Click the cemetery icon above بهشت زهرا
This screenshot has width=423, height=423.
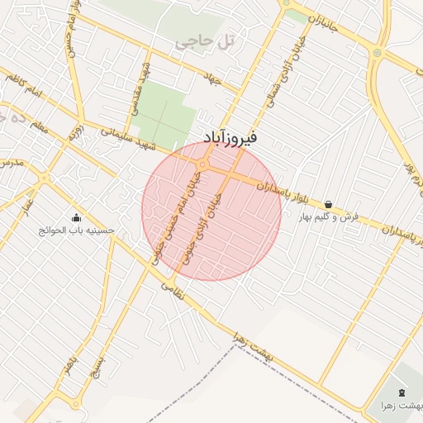(x=402, y=392)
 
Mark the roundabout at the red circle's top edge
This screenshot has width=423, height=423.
(x=202, y=164)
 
